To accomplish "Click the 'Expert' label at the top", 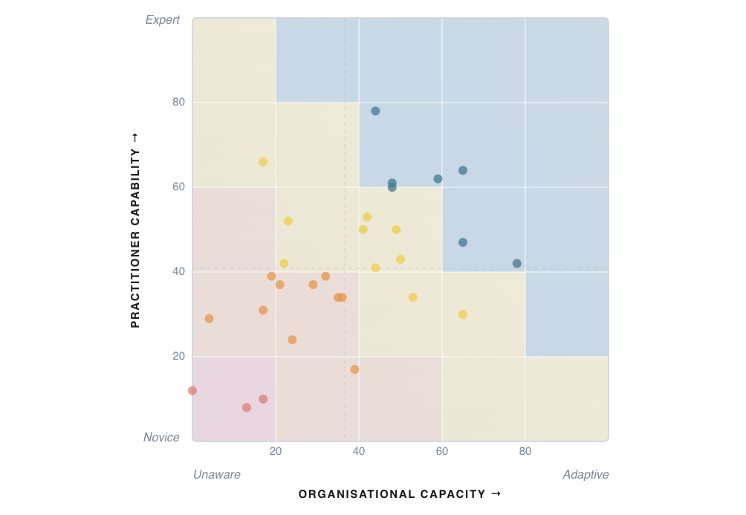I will click(x=163, y=20).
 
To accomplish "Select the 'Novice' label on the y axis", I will click(x=161, y=438).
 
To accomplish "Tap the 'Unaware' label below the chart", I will click(x=217, y=474).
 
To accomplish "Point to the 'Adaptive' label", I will click(x=586, y=474).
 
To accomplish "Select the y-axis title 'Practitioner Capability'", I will click(x=134, y=230).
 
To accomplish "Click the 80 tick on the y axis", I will click(x=178, y=103).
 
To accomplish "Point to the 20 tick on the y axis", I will click(x=178, y=357).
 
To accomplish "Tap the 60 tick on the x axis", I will click(x=442, y=451).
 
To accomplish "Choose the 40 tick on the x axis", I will click(x=359, y=451).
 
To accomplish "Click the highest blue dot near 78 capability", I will click(x=375, y=111).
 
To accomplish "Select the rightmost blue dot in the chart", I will click(x=517, y=264).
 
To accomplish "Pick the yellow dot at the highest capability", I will click(x=263, y=162).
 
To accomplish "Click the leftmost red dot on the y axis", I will click(x=192, y=391).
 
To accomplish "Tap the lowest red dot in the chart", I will click(x=247, y=408).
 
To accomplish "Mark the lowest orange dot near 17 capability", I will click(x=354, y=369).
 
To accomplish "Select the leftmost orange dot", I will click(x=209, y=319).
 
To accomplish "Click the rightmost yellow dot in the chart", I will click(x=463, y=314).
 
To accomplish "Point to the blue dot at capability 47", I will click(x=463, y=242).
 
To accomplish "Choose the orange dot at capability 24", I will click(x=292, y=340).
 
